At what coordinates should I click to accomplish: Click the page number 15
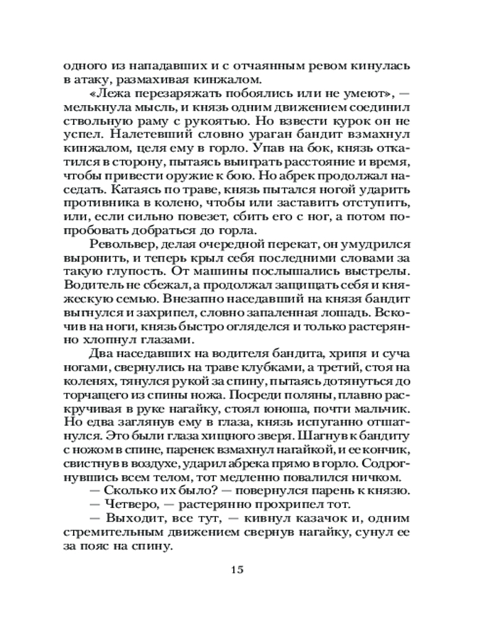(238, 569)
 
